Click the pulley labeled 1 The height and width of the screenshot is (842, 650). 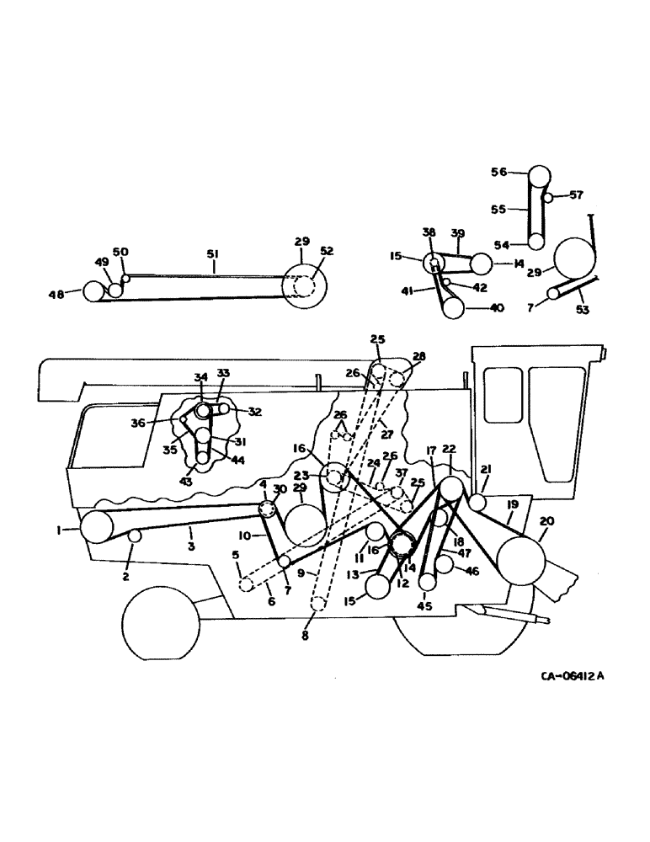point(97,527)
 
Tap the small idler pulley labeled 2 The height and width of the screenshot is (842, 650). point(134,537)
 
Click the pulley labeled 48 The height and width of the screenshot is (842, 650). point(93,292)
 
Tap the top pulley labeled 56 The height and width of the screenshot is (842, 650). point(539,179)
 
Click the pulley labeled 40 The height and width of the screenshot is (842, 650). point(454,308)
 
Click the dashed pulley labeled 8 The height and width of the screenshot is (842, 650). point(317,604)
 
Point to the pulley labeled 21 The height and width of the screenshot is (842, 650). point(477,504)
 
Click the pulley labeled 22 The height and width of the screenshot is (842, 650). point(451,488)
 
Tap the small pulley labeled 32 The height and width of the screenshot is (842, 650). point(225,409)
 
